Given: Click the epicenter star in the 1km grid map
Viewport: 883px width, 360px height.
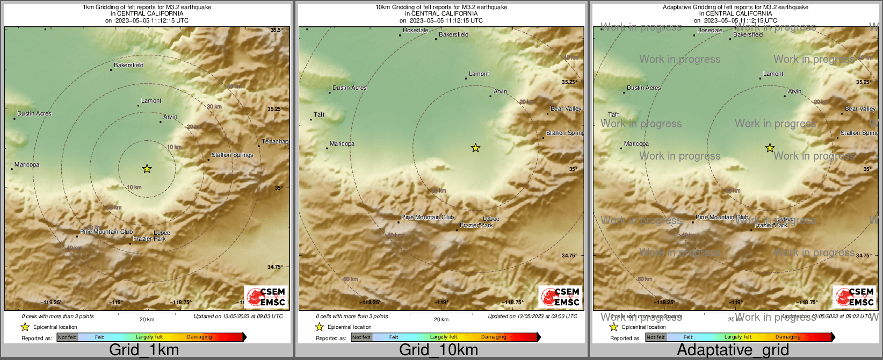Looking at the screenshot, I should (147, 169).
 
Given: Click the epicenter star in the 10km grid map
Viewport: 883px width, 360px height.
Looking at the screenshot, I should (475, 148).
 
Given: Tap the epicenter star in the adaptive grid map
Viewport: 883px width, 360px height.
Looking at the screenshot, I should (770, 148).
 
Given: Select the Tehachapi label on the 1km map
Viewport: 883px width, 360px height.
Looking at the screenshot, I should (275, 142).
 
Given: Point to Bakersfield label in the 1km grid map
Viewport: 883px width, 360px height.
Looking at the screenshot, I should (129, 66).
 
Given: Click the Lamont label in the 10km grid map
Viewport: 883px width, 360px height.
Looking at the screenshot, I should (479, 74).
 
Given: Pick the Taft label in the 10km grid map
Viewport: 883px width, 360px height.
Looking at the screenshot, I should (320, 115).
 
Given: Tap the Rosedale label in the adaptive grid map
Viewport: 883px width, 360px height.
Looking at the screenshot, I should (710, 31).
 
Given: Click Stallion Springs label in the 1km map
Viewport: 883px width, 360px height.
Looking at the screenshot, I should (232, 155).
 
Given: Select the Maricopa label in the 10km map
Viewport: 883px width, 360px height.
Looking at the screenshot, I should (342, 144).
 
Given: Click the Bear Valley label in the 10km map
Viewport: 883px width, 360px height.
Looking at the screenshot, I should (566, 109).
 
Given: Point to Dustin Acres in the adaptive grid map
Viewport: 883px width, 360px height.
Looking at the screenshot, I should (644, 88).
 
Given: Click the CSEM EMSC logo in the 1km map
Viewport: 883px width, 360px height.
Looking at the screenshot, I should (266, 297).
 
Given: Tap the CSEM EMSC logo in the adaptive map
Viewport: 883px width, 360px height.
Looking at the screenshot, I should (855, 297).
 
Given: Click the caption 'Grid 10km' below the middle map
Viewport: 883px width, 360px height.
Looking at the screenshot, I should (438, 350).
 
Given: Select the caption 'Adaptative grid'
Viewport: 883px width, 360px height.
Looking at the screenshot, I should (733, 350).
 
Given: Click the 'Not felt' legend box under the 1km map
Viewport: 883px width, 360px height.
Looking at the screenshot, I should (67, 337).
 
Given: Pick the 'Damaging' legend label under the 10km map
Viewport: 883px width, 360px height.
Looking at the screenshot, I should (494, 337).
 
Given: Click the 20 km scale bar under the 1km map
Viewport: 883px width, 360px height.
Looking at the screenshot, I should (147, 314).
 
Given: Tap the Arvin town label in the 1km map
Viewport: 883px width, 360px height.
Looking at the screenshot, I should (170, 117).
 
